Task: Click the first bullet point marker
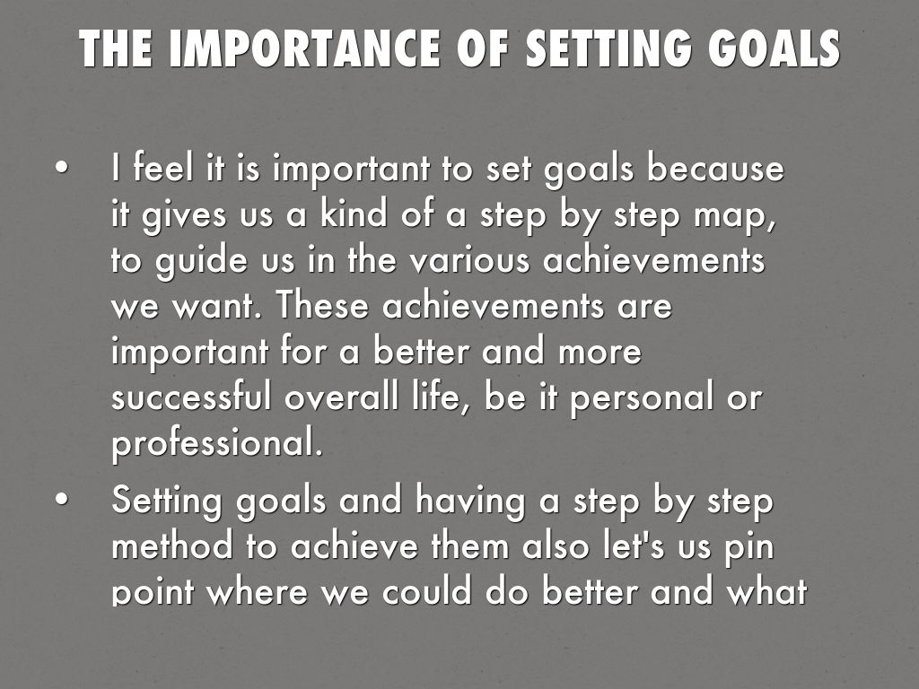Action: tap(60, 169)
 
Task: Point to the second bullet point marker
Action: tap(60, 501)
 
